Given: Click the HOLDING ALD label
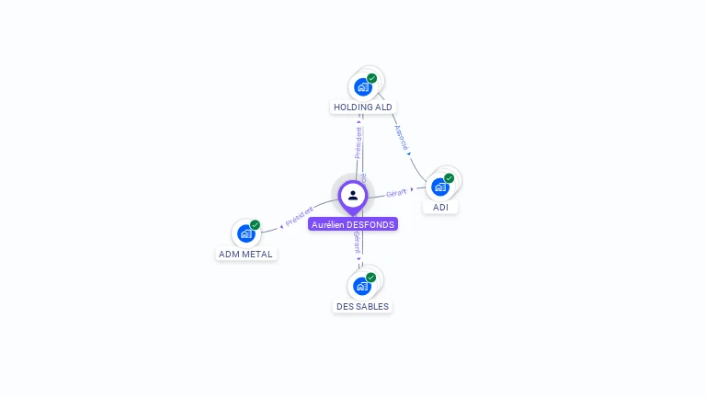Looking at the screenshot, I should coord(363,107).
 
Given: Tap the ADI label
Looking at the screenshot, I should coord(441,207).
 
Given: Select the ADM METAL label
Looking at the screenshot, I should coord(246,254).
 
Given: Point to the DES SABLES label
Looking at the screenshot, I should coord(362,306).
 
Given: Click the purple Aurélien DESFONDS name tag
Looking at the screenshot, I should coord(353,224).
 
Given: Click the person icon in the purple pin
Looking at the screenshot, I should coord(353,195).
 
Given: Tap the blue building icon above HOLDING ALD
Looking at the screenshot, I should coord(363,87).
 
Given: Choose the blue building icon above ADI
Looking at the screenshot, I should coord(440,187).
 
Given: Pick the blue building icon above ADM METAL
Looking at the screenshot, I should coord(245,233).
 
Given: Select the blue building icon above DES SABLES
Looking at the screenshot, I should coord(362,286).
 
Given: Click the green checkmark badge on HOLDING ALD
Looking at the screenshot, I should coord(372,78).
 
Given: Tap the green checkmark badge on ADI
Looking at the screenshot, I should coord(450,178).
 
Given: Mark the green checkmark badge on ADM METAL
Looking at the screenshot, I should coord(256,225).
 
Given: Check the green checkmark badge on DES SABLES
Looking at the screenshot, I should coord(371,278).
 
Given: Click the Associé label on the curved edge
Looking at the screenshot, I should coord(401,137).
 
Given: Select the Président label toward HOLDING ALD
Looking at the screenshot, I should coord(359,142).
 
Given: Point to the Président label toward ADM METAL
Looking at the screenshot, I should coord(299,217).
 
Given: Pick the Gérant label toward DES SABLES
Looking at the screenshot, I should coord(357,242).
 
